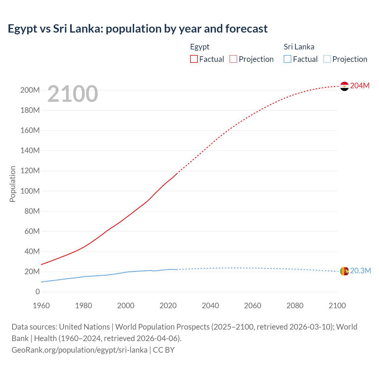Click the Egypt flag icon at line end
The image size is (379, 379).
pyautogui.click(x=344, y=86)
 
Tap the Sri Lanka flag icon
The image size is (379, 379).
pyautogui.click(x=344, y=271)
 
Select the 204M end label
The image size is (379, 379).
pyautogui.click(x=360, y=86)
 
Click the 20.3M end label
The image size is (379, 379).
pyautogui.click(x=360, y=271)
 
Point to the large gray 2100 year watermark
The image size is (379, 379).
pyautogui.click(x=73, y=94)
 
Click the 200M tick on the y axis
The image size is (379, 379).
pyautogui.click(x=30, y=90)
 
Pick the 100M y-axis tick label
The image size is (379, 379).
pyautogui.click(x=30, y=191)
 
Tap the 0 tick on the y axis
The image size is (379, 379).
pyautogui.click(x=38, y=292)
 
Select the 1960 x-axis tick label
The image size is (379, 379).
pyautogui.click(x=41, y=306)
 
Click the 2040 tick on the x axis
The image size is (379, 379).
pyautogui.click(x=210, y=306)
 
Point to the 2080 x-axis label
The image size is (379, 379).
pyautogui.click(x=295, y=306)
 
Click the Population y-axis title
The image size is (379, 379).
pyautogui.click(x=12, y=184)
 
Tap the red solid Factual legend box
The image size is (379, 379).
pyautogui.click(x=194, y=59)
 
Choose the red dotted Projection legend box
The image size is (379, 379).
pyautogui.click(x=233, y=59)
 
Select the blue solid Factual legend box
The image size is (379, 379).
pyautogui.click(x=288, y=59)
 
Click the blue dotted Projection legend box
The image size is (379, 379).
pyautogui.click(x=327, y=59)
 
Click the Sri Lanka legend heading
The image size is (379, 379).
pyautogui.click(x=299, y=47)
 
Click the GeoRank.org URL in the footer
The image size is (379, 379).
pyautogui.click(x=79, y=350)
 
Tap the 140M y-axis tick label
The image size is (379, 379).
pyautogui.click(x=30, y=151)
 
